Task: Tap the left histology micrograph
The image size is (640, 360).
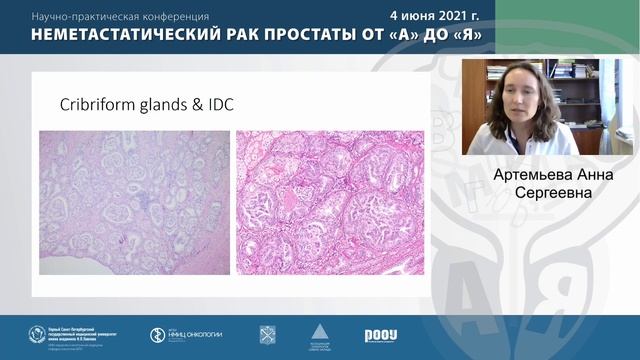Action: [134, 202]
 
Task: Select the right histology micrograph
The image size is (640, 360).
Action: [329, 202]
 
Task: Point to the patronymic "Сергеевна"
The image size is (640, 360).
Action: [545, 190]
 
